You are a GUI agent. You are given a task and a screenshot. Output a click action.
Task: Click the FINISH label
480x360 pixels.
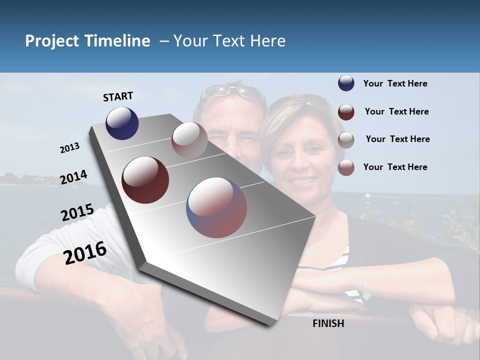click(x=328, y=323)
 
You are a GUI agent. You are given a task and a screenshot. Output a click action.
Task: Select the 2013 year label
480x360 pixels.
click(x=69, y=148)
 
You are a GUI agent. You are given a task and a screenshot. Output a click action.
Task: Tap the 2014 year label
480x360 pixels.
click(x=73, y=177)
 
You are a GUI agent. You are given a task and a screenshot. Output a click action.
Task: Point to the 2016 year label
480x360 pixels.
click(x=84, y=252)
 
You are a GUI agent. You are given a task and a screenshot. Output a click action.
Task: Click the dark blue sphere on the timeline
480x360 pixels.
click(x=122, y=123)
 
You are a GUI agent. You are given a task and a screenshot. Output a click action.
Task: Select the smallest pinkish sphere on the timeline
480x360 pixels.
click(x=189, y=140)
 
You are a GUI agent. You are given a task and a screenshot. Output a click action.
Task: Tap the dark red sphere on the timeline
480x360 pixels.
click(x=145, y=180)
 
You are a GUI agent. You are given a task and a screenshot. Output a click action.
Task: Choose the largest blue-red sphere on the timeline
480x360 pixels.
click(x=216, y=207)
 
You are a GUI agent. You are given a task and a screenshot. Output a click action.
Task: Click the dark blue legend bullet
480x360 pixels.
click(x=346, y=83)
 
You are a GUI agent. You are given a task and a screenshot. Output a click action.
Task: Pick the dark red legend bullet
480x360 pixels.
click(x=346, y=112)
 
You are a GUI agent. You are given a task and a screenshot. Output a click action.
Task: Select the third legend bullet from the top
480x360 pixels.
click(x=346, y=140)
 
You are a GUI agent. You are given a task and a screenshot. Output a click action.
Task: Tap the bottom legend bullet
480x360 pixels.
click(x=346, y=167)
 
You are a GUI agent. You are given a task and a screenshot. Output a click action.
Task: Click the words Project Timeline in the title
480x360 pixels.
click(x=87, y=41)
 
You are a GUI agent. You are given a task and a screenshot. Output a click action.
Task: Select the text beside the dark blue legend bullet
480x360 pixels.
click(x=395, y=83)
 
